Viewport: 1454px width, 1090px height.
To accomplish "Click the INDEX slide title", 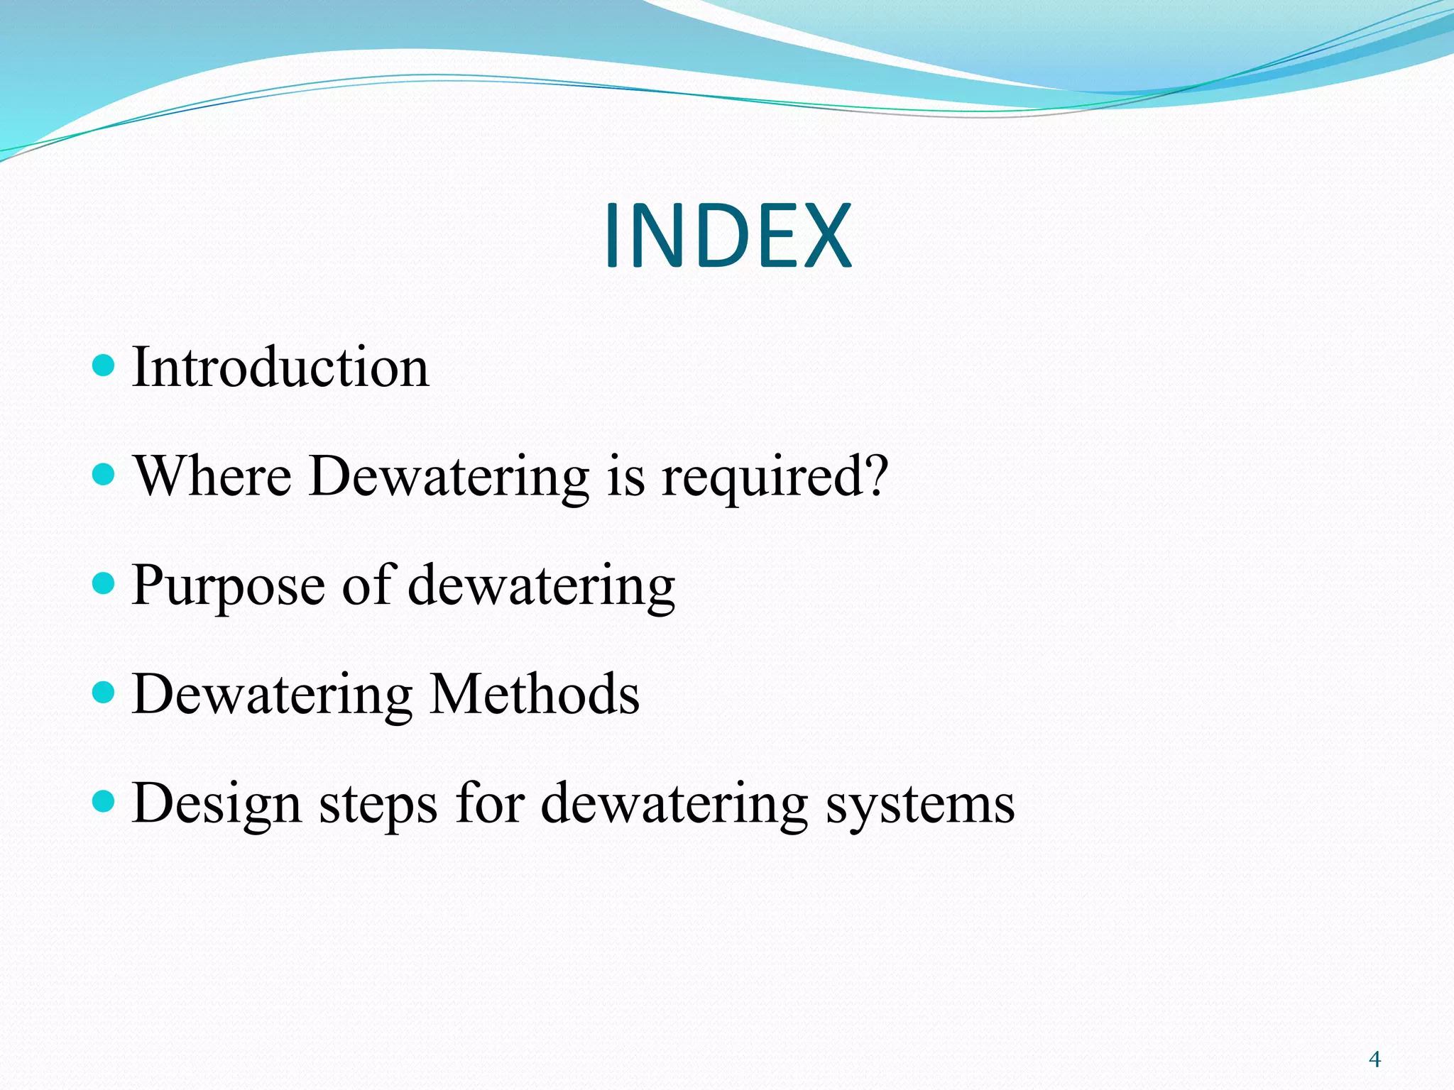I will coord(727,236).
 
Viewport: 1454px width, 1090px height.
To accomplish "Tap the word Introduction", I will coord(280,368).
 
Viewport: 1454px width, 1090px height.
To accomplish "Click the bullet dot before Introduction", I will coord(104,365).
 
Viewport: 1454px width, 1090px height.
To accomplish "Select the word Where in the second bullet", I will coord(212,476).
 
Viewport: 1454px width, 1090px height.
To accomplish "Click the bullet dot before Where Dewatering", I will coord(104,474).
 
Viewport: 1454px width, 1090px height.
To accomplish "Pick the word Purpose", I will coord(228,586).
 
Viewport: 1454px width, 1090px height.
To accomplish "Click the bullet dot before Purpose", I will coord(104,583).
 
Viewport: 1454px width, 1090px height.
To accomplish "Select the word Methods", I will coord(535,694).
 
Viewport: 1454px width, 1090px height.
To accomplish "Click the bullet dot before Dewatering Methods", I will coord(104,692).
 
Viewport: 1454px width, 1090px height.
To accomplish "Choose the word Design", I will coord(217,805).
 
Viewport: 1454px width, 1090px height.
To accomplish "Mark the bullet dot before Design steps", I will coord(104,801).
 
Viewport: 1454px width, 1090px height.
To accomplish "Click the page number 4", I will coord(1374,1059).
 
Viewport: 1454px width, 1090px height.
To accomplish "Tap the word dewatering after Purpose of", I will coord(541,586).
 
